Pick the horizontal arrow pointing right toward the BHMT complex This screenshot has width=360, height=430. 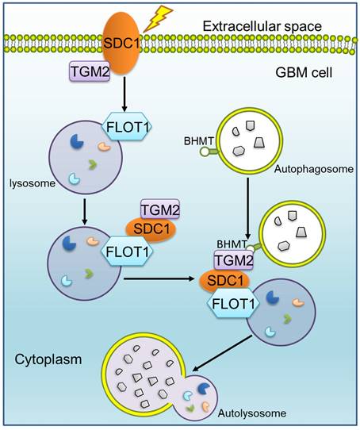pyautogui.click(x=159, y=278)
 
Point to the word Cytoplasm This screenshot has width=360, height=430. pyautogui.click(x=44, y=357)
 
